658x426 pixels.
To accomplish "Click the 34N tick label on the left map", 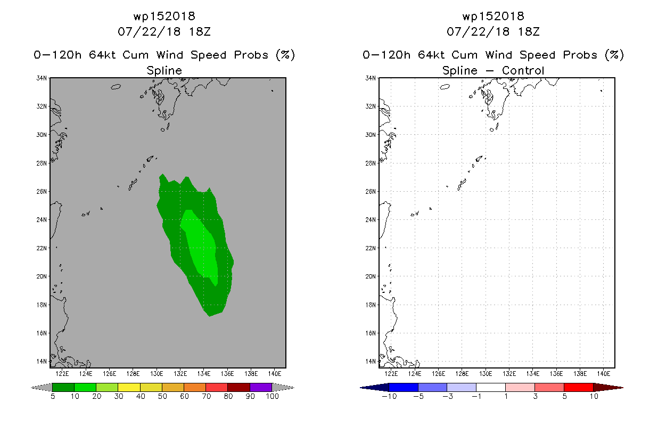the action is click(x=42, y=78).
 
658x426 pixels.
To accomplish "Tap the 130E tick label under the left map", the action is click(x=157, y=374).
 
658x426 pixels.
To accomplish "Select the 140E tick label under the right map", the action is click(x=603, y=374).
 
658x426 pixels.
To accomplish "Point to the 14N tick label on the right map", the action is click(x=371, y=362).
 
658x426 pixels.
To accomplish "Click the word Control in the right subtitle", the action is click(x=523, y=70).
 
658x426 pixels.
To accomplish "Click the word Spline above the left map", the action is click(x=164, y=70).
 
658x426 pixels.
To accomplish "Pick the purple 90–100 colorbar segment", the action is click(x=261, y=387).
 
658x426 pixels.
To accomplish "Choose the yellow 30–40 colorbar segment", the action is click(x=129, y=387).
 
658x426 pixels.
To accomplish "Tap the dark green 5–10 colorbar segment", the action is click(x=63, y=387).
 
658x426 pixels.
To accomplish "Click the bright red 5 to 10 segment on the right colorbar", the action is click(x=579, y=387).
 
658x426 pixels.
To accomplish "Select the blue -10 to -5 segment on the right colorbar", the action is click(x=404, y=387).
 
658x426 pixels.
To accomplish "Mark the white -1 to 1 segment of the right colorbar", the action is click(x=491, y=387).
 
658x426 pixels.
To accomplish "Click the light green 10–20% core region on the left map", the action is click(x=201, y=247).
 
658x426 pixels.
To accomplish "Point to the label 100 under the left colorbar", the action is click(x=273, y=396).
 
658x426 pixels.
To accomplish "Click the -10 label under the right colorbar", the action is click(x=389, y=396).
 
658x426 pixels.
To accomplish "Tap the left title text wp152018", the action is click(x=164, y=16).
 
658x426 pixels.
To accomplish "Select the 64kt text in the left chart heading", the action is click(x=102, y=55).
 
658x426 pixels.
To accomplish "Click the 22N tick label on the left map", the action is click(x=42, y=248).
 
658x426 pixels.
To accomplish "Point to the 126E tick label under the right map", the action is click(x=438, y=374).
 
